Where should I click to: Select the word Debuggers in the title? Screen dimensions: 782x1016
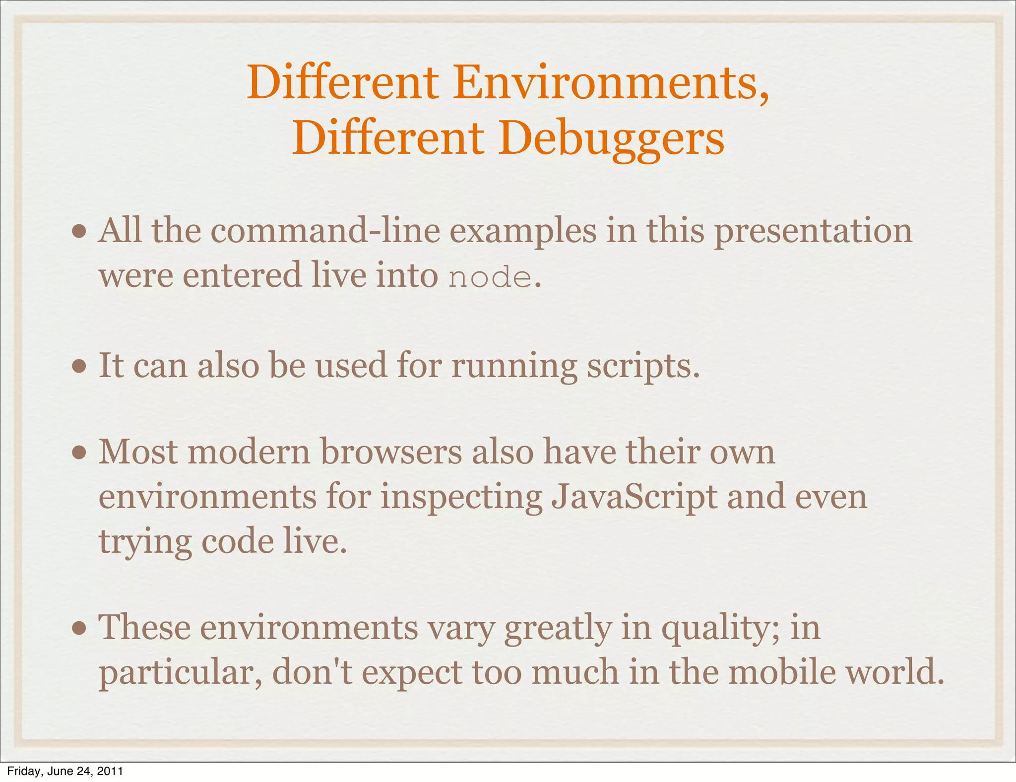point(611,139)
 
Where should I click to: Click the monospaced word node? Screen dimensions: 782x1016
point(490,277)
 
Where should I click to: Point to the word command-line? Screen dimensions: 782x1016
point(325,231)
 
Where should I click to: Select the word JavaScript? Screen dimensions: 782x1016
point(634,497)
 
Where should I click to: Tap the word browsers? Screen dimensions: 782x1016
point(391,452)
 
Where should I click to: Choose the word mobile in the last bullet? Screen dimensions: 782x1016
point(781,672)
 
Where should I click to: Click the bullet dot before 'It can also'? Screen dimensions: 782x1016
point(79,367)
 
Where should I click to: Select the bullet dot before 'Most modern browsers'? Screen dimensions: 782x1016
point(79,453)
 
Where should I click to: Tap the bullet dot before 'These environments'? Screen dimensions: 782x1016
point(79,628)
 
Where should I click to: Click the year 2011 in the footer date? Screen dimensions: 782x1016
point(110,771)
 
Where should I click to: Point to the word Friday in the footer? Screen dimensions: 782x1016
point(20,771)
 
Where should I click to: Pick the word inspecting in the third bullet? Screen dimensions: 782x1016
point(461,497)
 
